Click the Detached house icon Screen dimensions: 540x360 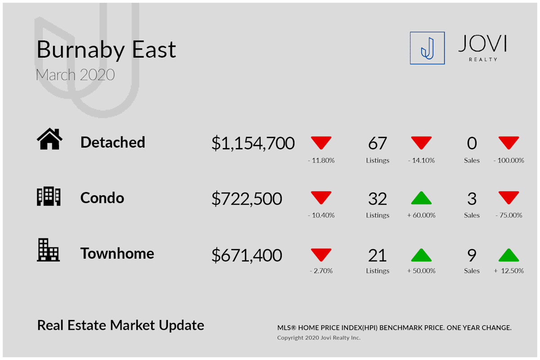tap(49, 139)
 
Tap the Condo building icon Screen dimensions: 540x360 tap(49, 196)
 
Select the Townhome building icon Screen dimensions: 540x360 tap(48, 250)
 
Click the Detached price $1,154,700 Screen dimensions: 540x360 tap(253, 143)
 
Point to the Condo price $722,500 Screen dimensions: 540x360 tap(247, 199)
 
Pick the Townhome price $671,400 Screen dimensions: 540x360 tap(247, 255)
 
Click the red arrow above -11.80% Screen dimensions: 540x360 tap(321, 143)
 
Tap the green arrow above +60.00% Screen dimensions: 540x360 tap(421, 198)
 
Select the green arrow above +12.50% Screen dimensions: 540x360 tap(508, 255)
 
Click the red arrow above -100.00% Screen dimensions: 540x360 tap(508, 143)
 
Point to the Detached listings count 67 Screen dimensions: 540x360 tap(378, 143)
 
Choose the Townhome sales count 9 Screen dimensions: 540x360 tap(472, 255)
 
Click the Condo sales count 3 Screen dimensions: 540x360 tap(472, 199)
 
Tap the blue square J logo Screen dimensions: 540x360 tap(427, 48)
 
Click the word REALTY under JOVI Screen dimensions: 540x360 tap(483, 59)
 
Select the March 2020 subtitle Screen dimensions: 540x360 tap(75, 75)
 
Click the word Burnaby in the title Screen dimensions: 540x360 tap(81, 50)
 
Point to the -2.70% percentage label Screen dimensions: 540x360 tap(321, 271)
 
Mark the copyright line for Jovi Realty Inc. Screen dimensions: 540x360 tap(319, 337)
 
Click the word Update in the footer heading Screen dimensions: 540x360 tap(181, 325)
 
